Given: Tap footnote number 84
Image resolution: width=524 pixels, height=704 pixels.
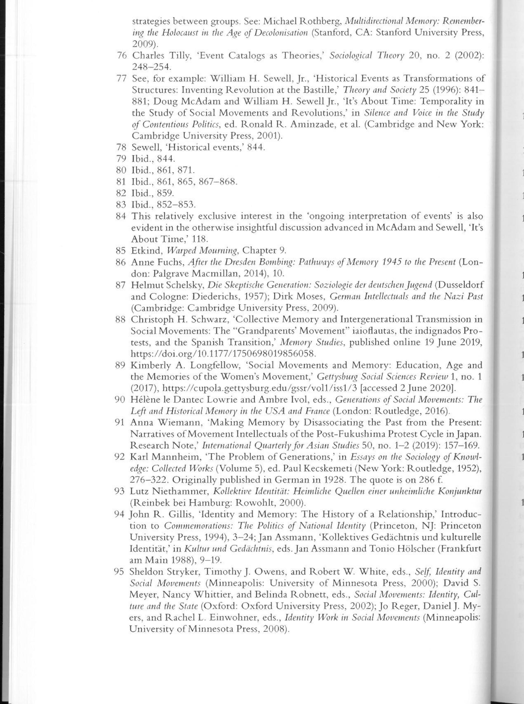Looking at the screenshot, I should tap(122, 216).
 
